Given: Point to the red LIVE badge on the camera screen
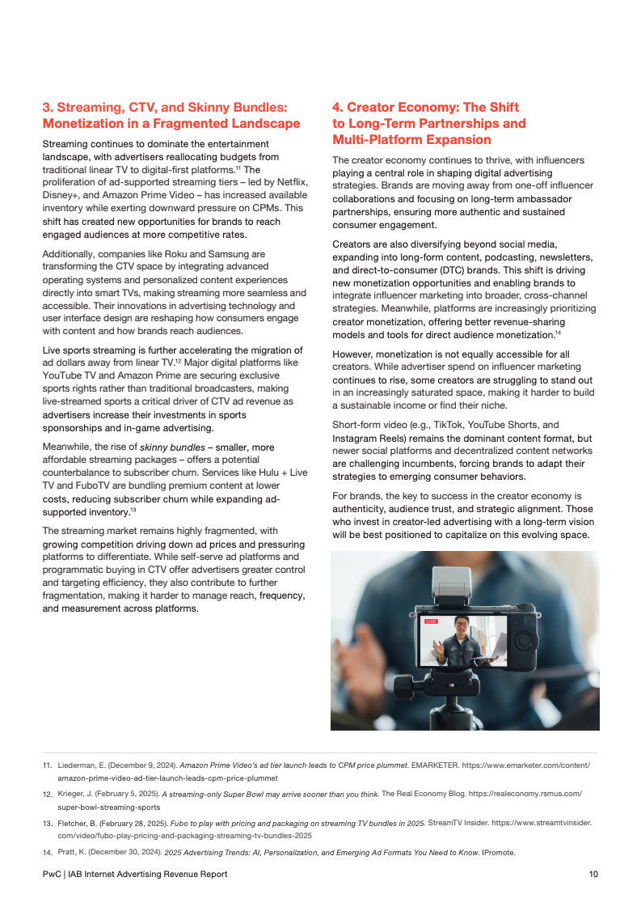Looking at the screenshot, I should click(x=431, y=621).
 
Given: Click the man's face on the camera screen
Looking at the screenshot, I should click(x=461, y=627).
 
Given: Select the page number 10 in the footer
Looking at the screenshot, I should click(x=593, y=874).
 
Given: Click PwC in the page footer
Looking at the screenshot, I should click(x=53, y=874).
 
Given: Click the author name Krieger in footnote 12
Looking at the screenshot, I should click(x=73, y=794).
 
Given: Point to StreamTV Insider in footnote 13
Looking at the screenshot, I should click(x=457, y=823).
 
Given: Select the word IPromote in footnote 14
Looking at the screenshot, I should click(x=498, y=853).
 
